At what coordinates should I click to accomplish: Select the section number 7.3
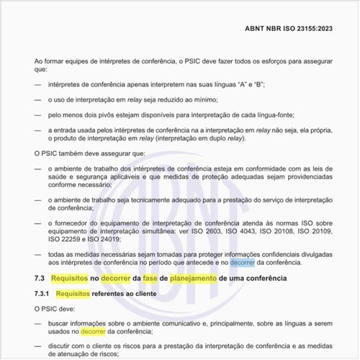(41, 277)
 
